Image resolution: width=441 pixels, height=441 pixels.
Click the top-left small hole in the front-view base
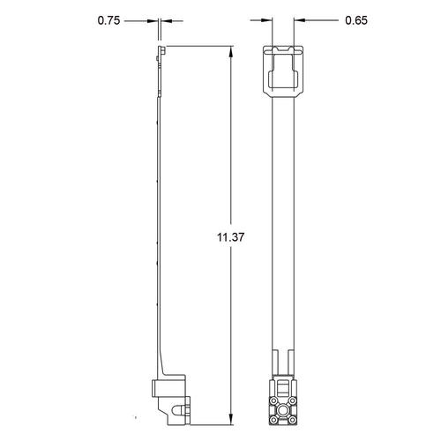275,397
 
